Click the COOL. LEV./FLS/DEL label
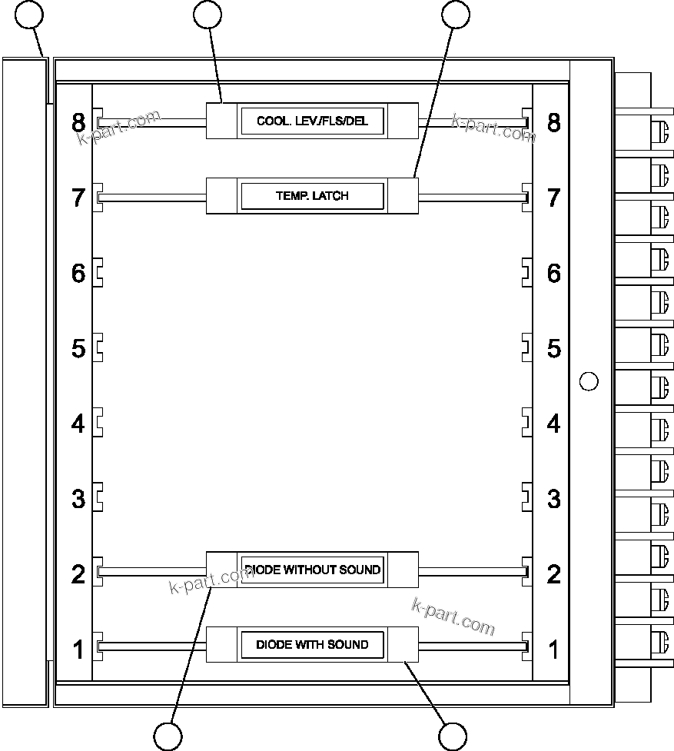click(x=312, y=121)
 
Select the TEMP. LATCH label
click(x=312, y=196)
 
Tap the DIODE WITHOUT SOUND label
click(x=312, y=570)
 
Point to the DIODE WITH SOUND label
click(x=312, y=644)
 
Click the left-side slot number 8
click(x=78, y=122)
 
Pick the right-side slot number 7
click(x=553, y=198)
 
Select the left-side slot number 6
click(x=78, y=273)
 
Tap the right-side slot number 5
click(x=553, y=348)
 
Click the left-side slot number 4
click(x=78, y=424)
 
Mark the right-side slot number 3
click(x=553, y=499)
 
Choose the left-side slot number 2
click(x=78, y=574)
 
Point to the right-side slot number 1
click(x=553, y=650)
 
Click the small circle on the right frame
click(x=588, y=380)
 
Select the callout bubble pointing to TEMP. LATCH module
click(x=456, y=14)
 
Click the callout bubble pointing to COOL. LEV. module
click(x=208, y=14)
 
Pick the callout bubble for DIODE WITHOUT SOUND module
click(x=168, y=736)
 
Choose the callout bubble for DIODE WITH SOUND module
click(x=453, y=736)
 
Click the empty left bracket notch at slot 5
click(x=99, y=348)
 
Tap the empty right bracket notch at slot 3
click(x=526, y=498)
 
